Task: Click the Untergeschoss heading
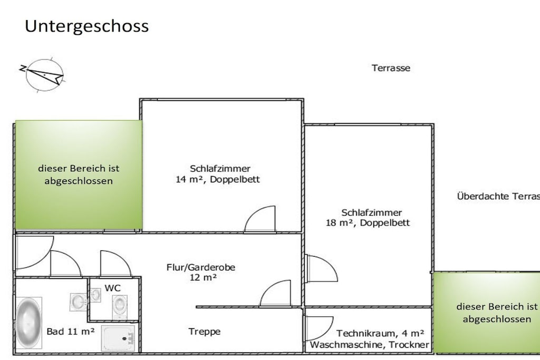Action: (x=87, y=26)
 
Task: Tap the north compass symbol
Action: (x=43, y=75)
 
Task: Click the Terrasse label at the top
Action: (x=391, y=68)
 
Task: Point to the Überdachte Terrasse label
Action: (x=498, y=196)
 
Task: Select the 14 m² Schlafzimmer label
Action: (x=218, y=174)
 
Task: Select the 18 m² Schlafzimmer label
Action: (x=368, y=218)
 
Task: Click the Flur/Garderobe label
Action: (x=201, y=272)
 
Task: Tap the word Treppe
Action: (x=204, y=332)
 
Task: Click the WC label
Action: (x=113, y=288)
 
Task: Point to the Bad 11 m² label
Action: (x=71, y=332)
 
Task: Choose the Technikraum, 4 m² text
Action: (x=380, y=333)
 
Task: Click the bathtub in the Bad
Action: (x=28, y=323)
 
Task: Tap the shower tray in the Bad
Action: (x=118, y=338)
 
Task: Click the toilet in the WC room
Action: (x=120, y=305)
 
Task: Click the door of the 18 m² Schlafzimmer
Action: (x=321, y=268)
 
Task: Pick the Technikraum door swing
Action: (x=319, y=328)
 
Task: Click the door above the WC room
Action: (x=115, y=264)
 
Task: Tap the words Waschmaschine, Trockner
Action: (x=370, y=345)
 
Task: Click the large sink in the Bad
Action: (x=79, y=302)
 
